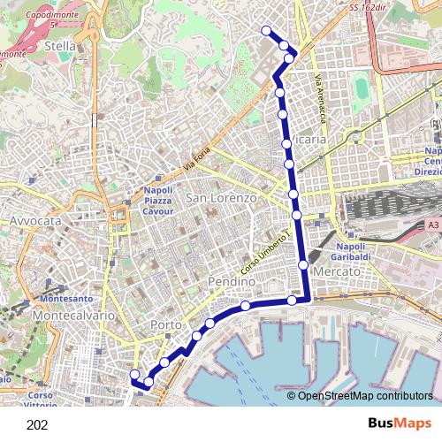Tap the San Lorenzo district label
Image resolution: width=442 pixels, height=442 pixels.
[221, 199]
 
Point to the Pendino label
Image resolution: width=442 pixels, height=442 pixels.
[231, 280]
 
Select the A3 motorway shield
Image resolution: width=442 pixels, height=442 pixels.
[431, 225]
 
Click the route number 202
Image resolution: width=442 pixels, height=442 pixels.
[37, 425]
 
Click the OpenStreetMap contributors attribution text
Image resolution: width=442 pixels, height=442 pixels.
[365, 396]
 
